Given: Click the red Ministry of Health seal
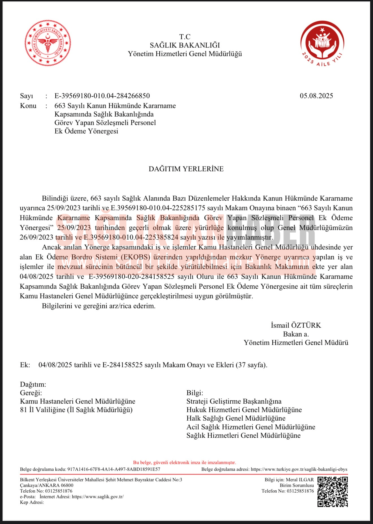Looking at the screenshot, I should pos(48,43).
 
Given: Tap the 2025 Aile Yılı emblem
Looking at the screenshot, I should pos(322,43).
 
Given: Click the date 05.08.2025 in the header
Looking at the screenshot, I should pos(316,96).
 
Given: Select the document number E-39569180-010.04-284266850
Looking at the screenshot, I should pos(102,96).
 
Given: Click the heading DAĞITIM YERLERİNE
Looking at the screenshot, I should pos(186,169).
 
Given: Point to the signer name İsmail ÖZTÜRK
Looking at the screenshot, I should pos(296,325).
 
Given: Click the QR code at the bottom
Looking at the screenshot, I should pos(332,492).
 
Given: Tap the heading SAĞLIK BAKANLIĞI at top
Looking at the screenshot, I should pos(185,45).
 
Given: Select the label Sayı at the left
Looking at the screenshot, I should pos(27,96).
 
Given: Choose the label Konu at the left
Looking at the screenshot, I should pos(28,106).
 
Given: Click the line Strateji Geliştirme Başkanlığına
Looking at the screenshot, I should pos(234,401).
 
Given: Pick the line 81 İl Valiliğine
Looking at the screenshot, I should pos(76,410).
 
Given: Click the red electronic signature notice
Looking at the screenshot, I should pos(185,462).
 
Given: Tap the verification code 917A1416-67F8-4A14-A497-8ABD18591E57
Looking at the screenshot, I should pos(114,469).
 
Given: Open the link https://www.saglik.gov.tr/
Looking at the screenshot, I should pos(97,497).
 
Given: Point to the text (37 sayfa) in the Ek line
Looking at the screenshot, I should pos(251,365).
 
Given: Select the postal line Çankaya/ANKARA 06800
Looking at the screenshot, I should pos(47,485).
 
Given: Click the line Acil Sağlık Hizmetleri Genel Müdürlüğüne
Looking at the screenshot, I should pos(251,427).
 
